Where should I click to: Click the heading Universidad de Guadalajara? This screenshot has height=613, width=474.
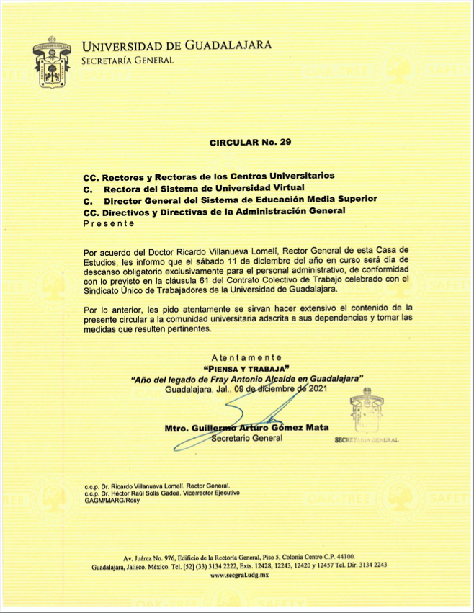click(176, 45)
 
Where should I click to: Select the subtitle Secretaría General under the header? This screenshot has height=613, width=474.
click(128, 60)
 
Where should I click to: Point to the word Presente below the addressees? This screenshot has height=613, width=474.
click(109, 223)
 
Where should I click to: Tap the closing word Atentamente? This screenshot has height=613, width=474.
click(246, 358)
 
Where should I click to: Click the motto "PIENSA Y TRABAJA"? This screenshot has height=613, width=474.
click(246, 368)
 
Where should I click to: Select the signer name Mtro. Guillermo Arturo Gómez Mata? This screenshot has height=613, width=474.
click(246, 428)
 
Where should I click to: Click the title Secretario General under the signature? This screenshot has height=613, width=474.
click(246, 439)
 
